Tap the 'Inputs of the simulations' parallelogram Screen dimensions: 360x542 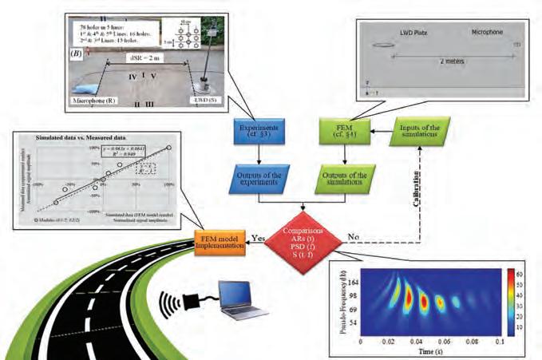(x=416, y=129)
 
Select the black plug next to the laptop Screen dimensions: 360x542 (x=196, y=308)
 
